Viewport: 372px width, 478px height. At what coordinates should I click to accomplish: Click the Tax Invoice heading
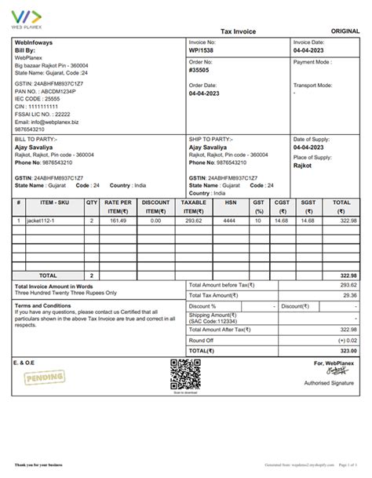pyautogui.click(x=238, y=31)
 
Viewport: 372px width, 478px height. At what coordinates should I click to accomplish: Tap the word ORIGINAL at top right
pyautogui.click(x=345, y=31)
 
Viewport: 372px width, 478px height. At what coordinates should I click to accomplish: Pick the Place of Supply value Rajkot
pyautogui.click(x=303, y=166)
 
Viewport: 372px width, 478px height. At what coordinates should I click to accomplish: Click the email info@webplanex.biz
pyautogui.click(x=47, y=122)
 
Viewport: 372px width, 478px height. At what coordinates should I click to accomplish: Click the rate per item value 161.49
pyautogui.click(x=118, y=221)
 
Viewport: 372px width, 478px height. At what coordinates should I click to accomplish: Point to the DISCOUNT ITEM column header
pyautogui.click(x=156, y=206)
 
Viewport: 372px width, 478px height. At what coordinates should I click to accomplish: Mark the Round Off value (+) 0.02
pyautogui.click(x=347, y=340)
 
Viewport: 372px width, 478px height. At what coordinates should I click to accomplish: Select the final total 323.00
pyautogui.click(x=348, y=351)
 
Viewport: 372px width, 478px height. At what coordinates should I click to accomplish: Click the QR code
pyautogui.click(x=186, y=374)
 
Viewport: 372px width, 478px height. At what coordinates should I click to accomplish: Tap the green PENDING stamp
pyautogui.click(x=39, y=379)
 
